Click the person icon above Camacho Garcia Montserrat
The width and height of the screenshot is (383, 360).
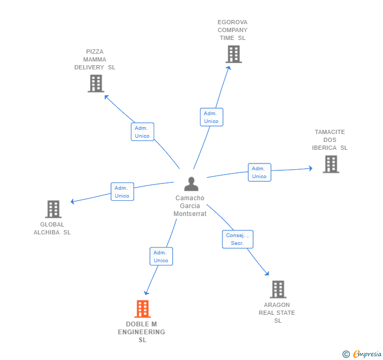191,184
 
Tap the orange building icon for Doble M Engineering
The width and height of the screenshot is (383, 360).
143,309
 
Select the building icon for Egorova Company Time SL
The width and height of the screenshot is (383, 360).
234,54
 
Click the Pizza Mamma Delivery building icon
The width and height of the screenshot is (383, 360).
96,84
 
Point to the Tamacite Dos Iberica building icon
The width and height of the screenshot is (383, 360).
330,164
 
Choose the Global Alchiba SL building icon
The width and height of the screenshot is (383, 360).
53,209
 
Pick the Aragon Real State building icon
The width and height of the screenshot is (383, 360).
278,290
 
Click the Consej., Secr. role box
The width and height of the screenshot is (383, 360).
237,239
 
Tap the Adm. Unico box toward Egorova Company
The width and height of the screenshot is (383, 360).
211,117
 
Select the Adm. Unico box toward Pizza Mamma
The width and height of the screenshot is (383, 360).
142,132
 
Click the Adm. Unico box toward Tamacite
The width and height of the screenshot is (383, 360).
259,172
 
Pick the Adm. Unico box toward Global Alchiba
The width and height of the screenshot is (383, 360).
122,192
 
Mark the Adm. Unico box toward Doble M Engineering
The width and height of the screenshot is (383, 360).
161,256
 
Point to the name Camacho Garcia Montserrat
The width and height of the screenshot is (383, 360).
190,206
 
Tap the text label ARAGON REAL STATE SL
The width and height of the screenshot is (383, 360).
277,313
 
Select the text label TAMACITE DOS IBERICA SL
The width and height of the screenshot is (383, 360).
330,140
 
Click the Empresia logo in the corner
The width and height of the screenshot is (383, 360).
362,354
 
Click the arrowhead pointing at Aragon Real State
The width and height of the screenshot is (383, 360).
267,273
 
